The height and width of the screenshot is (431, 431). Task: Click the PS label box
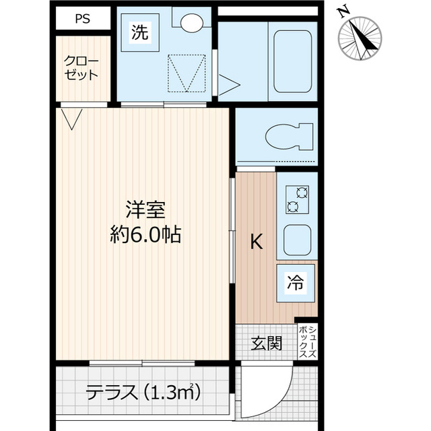[x=83, y=19]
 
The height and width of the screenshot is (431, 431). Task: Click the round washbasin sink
[x=189, y=22]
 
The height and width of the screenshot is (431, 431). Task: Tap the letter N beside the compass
[x=343, y=11]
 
